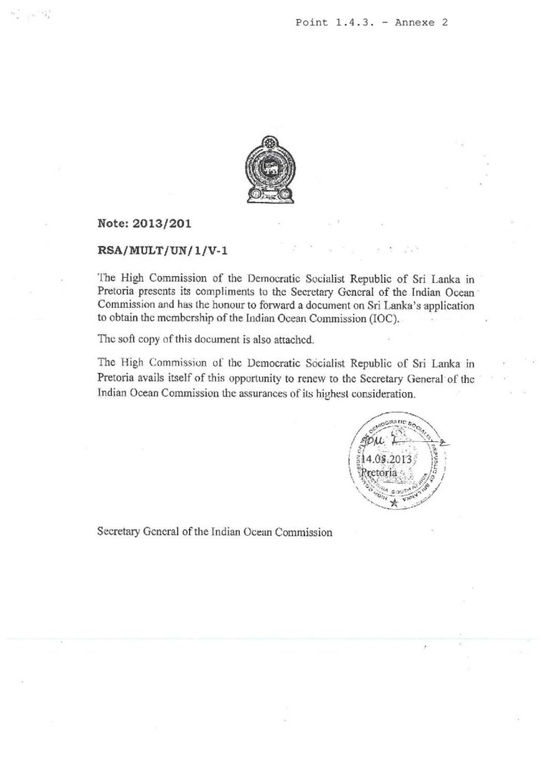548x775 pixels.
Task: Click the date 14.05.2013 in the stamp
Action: click(387, 459)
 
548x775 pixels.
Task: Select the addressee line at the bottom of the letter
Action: click(216, 531)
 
